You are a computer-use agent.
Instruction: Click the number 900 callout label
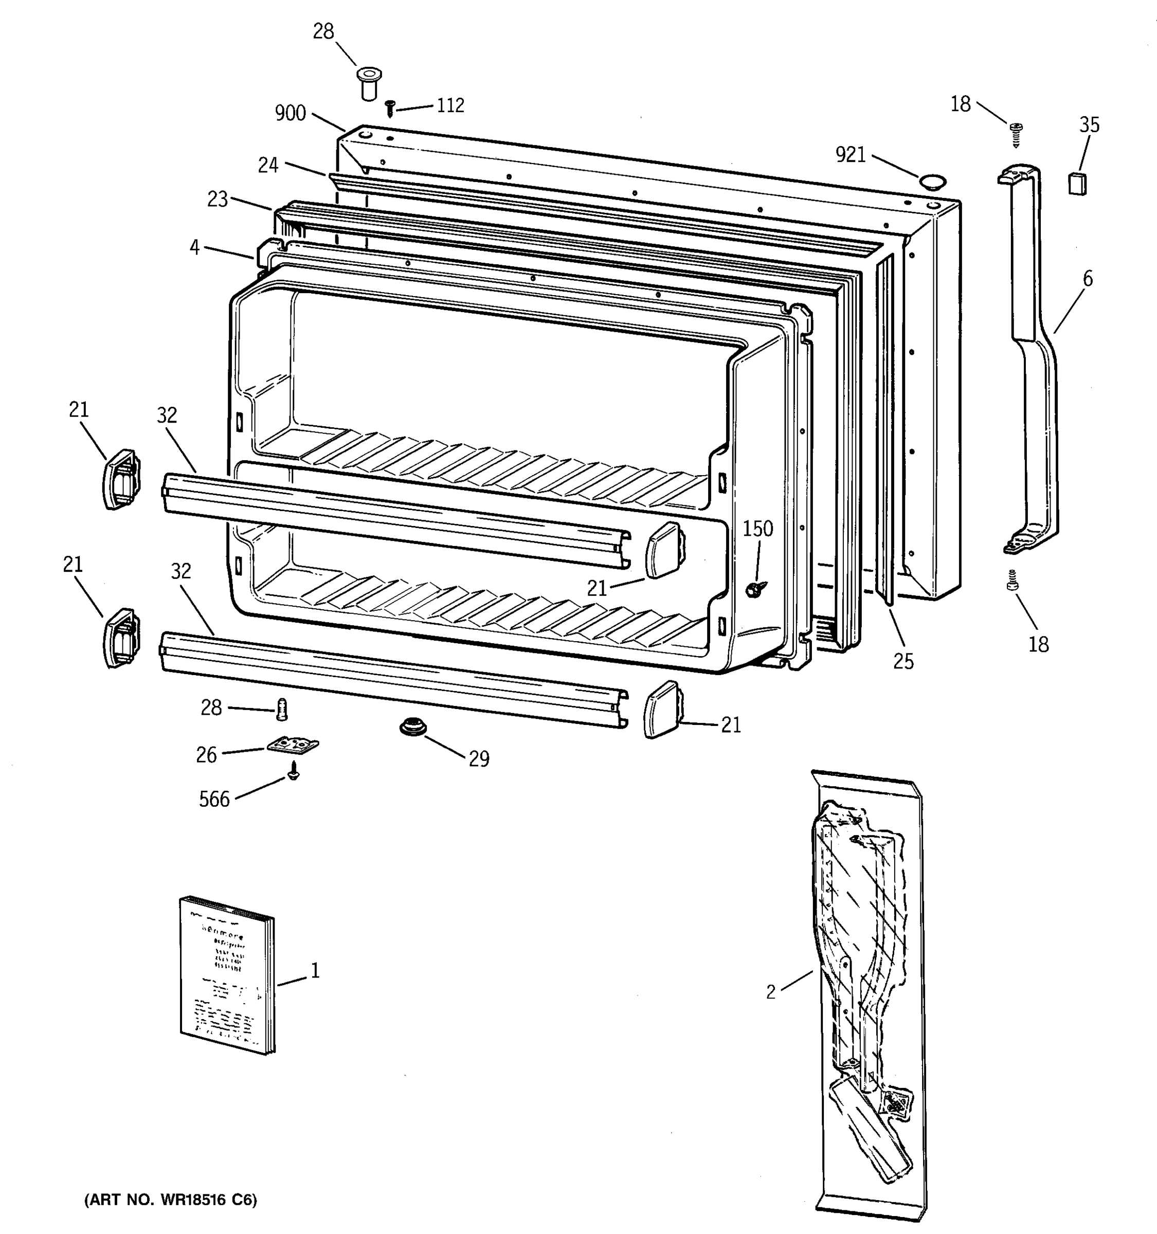(291, 114)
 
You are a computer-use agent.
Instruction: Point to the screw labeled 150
(755, 588)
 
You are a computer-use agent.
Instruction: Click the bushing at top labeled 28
(368, 84)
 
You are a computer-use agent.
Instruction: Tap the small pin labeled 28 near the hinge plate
(281, 708)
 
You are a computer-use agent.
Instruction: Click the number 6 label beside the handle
(1088, 279)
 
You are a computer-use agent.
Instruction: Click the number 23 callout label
(217, 200)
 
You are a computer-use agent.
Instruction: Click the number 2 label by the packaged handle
(770, 992)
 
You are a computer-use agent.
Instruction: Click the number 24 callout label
(268, 166)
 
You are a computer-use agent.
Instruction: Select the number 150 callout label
(758, 529)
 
